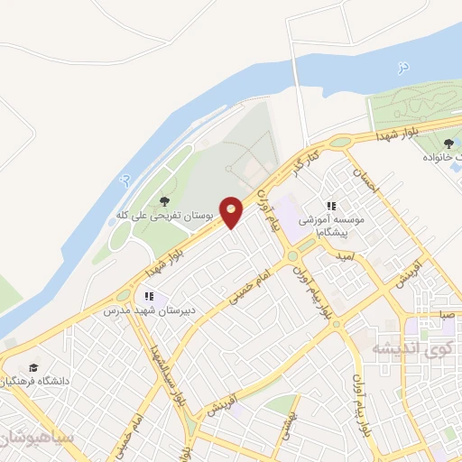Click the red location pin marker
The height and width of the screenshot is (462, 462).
(x=232, y=212)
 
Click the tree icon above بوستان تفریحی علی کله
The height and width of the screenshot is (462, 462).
(x=162, y=200)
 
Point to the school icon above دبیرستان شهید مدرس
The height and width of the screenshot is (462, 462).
(x=149, y=295)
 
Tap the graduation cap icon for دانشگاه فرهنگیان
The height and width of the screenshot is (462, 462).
(x=33, y=367)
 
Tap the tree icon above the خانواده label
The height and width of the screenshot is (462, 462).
(x=448, y=142)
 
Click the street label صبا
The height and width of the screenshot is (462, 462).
(x=447, y=315)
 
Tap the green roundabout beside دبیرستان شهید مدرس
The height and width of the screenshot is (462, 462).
(x=123, y=296)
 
